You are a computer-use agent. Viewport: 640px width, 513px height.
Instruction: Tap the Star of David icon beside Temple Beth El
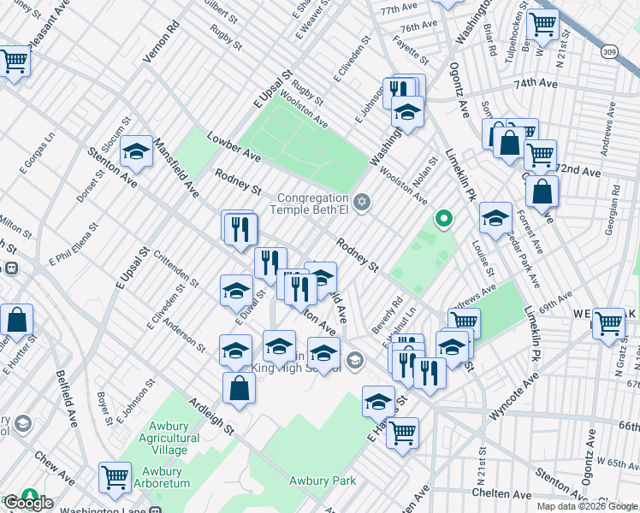pyautogui.click(x=362, y=201)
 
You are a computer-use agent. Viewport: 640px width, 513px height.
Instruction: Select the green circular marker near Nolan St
pyautogui.click(x=443, y=219)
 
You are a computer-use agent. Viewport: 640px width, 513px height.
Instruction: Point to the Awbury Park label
pyautogui.click(x=323, y=481)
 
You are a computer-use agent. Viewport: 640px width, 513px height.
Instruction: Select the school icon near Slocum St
pyautogui.click(x=136, y=152)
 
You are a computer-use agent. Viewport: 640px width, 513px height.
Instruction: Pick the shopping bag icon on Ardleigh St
pyautogui.click(x=239, y=388)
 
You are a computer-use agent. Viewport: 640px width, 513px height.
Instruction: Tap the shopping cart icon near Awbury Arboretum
pyautogui.click(x=115, y=477)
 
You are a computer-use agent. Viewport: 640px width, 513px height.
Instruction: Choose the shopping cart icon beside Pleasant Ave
pyautogui.click(x=14, y=61)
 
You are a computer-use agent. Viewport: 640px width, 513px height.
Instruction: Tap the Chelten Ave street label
pyautogui.click(x=506, y=494)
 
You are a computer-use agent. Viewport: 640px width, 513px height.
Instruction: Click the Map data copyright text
pyautogui.click(x=587, y=506)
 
